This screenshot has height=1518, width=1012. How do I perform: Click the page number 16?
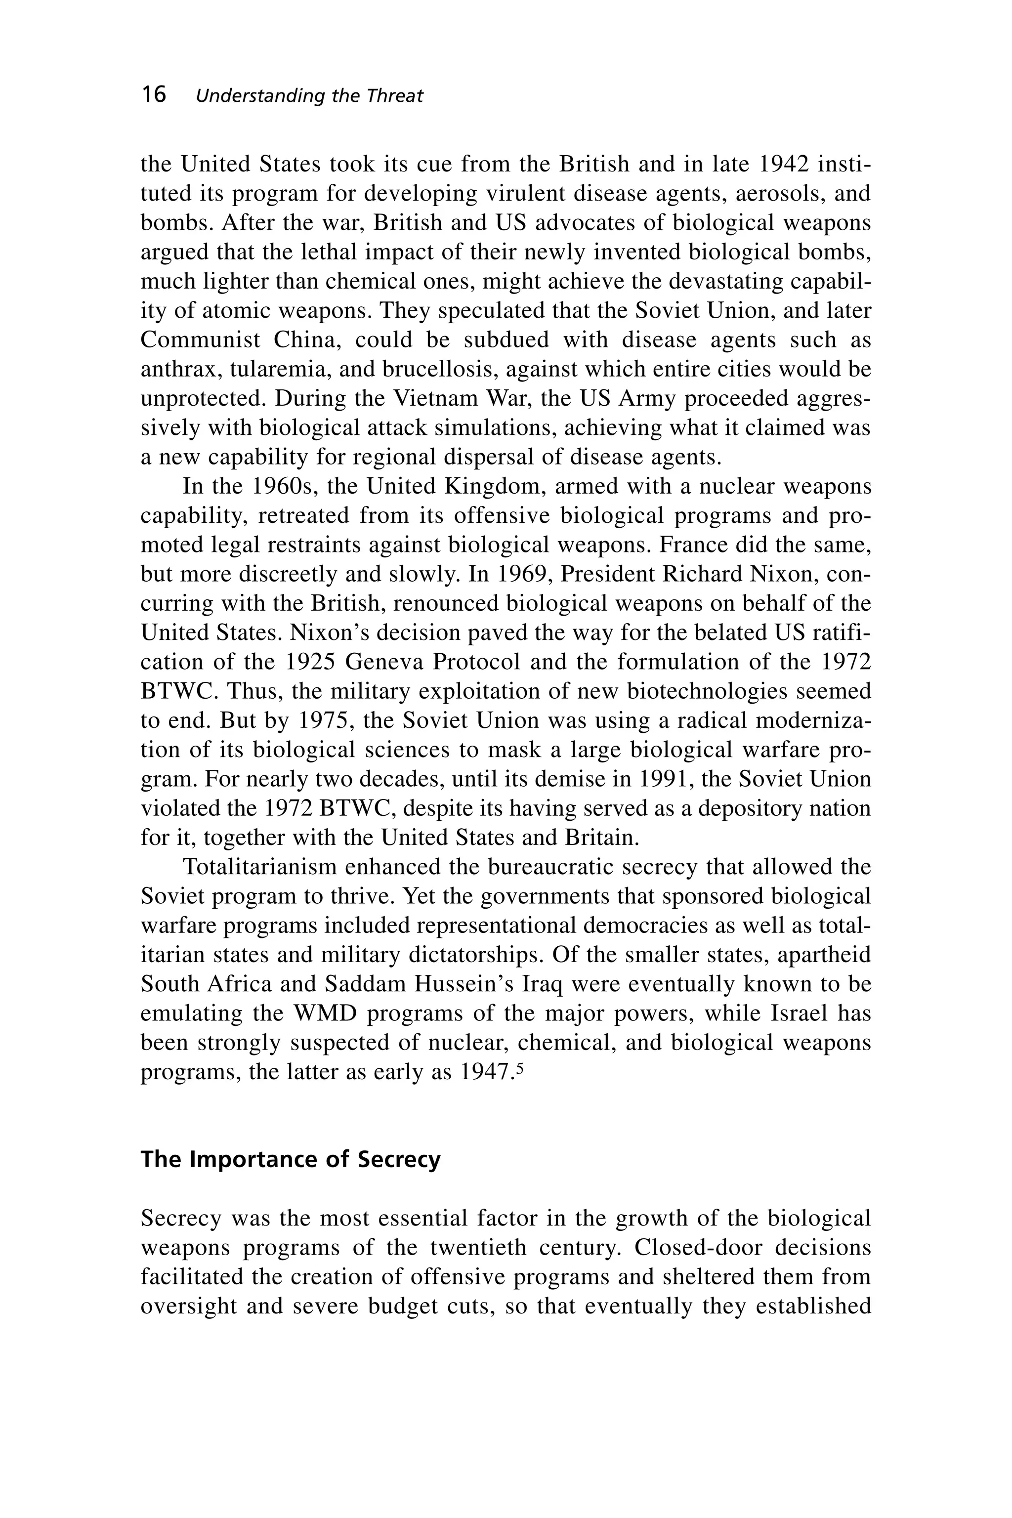[x=154, y=95]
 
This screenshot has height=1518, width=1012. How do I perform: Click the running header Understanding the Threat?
[x=309, y=96]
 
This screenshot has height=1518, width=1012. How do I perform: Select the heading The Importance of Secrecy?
[x=291, y=1159]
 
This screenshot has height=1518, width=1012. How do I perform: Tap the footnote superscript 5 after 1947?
[x=519, y=1067]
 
